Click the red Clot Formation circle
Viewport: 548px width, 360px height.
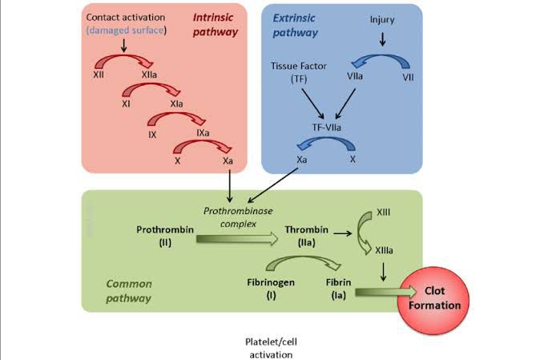tap(441, 299)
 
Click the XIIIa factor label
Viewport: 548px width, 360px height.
tap(384, 251)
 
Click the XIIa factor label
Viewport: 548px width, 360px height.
tap(149, 73)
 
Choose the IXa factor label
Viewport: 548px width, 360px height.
tap(203, 131)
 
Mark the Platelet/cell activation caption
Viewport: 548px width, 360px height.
tap(273, 347)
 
